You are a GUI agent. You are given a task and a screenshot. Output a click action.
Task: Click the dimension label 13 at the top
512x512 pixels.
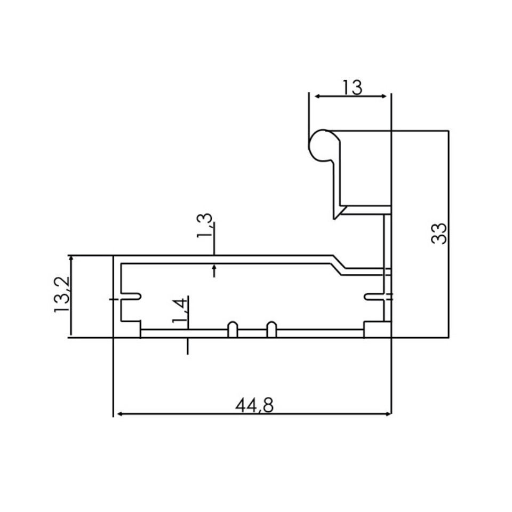353,86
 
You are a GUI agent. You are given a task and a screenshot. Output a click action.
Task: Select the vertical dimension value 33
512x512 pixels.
438,233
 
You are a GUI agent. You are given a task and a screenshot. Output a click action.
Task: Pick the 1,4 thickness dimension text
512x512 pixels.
180,311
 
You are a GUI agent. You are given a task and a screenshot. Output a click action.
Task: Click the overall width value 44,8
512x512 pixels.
254,405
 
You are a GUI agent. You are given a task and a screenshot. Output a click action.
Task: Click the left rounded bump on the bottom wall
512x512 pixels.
233,329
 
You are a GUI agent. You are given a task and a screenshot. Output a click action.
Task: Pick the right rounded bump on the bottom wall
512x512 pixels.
271,329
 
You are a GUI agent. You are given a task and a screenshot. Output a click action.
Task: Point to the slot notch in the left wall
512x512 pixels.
131,296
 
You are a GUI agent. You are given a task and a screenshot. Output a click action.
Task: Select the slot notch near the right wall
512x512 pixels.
373,296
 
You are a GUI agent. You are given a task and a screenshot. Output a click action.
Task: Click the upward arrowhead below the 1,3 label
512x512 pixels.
214,268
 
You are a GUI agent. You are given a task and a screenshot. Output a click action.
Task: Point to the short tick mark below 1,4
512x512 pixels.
187,346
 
